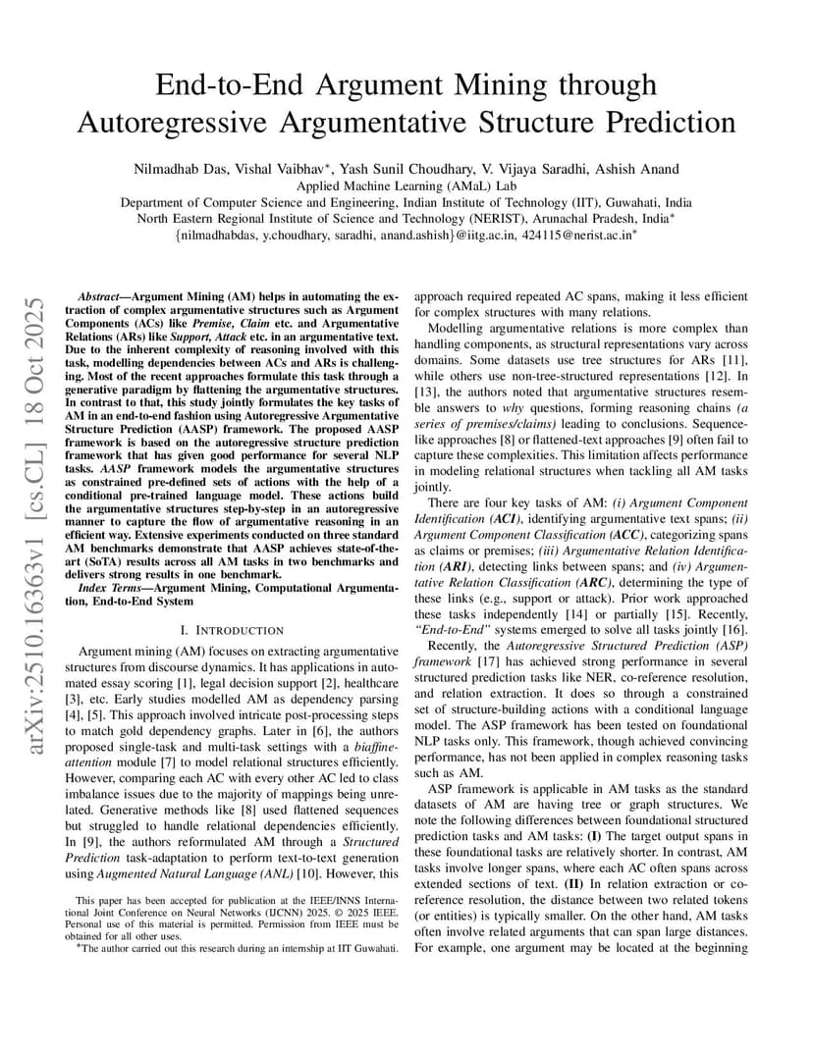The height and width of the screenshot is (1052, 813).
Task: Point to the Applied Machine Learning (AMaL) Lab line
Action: pyautogui.click(x=406, y=185)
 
